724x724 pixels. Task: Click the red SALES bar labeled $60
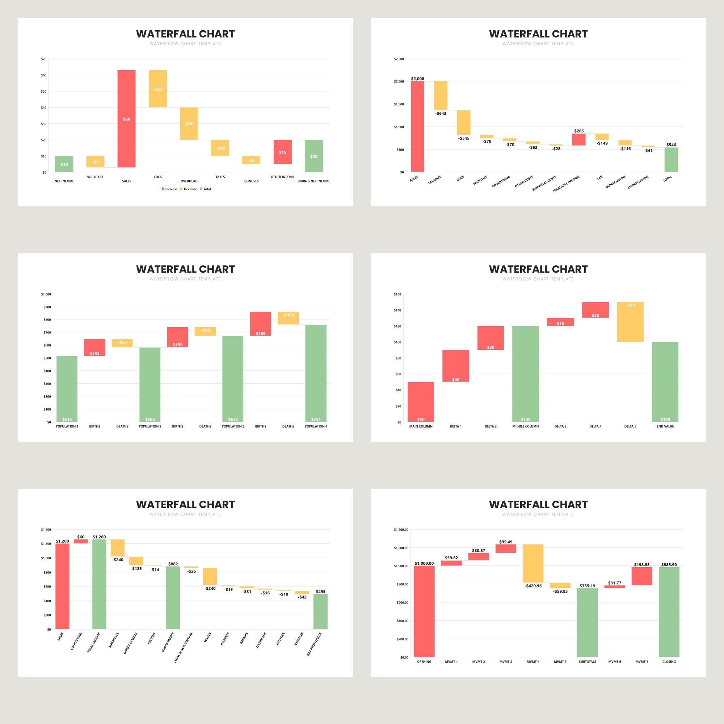coord(126,118)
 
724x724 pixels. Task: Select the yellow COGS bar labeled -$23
coord(158,89)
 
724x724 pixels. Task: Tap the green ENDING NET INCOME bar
coord(313,156)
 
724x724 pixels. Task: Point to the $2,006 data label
coord(417,79)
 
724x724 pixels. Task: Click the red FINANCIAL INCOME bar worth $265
coord(578,139)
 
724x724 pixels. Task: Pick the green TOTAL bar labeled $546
coord(671,160)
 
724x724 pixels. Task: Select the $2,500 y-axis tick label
coord(399,59)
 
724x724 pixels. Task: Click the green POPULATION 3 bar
coord(233,379)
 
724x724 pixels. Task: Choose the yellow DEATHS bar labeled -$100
coord(288,318)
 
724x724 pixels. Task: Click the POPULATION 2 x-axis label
coord(150,426)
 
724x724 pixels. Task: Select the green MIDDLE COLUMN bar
coord(525,374)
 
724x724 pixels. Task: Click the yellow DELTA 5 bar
coord(630,322)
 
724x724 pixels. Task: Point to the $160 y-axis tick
coord(397,295)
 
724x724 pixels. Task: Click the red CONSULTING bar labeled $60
coord(81,541)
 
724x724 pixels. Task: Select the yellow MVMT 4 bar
coord(533,563)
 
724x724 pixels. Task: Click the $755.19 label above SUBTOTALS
coord(587,586)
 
